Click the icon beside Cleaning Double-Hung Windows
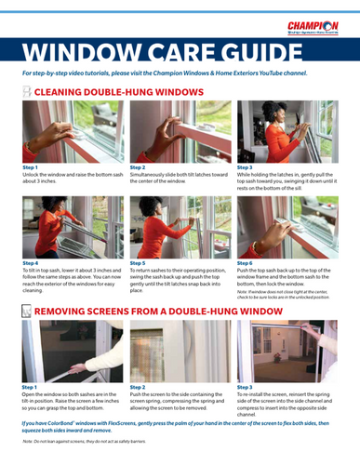(26, 91)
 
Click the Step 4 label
(30, 263)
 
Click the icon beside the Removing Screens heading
(26, 309)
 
